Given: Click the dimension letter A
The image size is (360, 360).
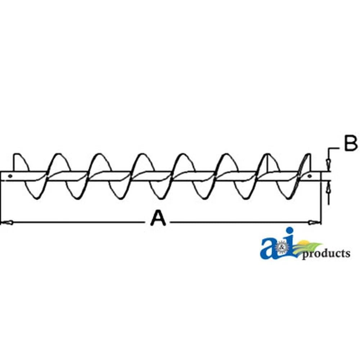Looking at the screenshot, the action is coord(158,219).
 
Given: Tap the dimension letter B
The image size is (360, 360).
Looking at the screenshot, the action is coord(351,143).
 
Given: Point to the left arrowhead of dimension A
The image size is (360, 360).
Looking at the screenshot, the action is coord(7,222).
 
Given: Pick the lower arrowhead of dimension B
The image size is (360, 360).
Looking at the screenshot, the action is coord(329,187).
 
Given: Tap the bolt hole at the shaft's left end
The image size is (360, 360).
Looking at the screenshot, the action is coord(10,176).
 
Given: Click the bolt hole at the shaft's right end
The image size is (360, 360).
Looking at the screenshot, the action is coord(310,176).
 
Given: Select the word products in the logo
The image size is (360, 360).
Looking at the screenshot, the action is coord(326,254).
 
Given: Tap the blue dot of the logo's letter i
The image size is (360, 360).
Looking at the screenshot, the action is coord(290,230).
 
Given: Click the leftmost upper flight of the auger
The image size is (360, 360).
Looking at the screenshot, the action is coord(20,162).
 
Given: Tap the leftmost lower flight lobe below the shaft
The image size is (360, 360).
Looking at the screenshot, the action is coord(35,190).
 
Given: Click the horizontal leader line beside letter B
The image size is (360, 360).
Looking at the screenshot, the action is coord(334,149).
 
